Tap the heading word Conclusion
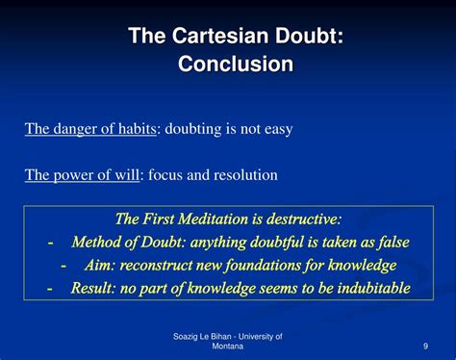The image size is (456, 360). (236, 64)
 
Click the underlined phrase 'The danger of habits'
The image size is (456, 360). (90, 127)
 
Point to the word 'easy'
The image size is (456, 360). (274, 127)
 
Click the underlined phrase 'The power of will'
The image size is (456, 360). (81, 174)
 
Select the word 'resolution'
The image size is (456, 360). (245, 174)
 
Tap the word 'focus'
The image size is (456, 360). (167, 174)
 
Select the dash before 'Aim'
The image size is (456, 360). (63, 264)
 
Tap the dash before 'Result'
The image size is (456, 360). (50, 287)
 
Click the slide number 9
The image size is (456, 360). (424, 346)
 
